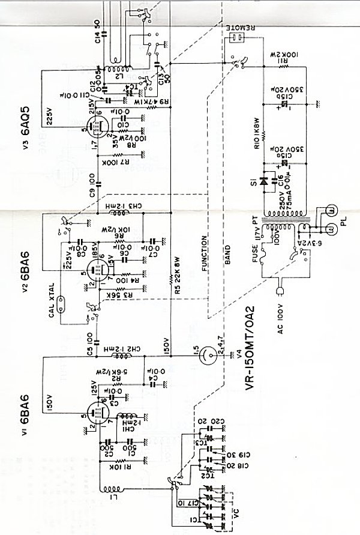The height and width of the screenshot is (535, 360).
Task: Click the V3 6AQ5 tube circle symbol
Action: click(x=95, y=126)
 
